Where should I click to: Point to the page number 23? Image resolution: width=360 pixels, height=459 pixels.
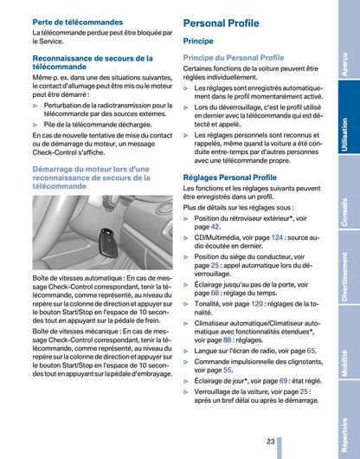click(271, 441)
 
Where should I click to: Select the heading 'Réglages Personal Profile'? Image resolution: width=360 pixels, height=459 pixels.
click(230, 178)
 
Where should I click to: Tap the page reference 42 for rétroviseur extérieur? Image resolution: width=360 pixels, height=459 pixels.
click(215, 227)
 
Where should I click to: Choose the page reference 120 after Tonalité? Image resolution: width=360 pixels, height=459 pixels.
click(256, 304)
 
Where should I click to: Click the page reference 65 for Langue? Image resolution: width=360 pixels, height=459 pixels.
click(311, 351)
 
